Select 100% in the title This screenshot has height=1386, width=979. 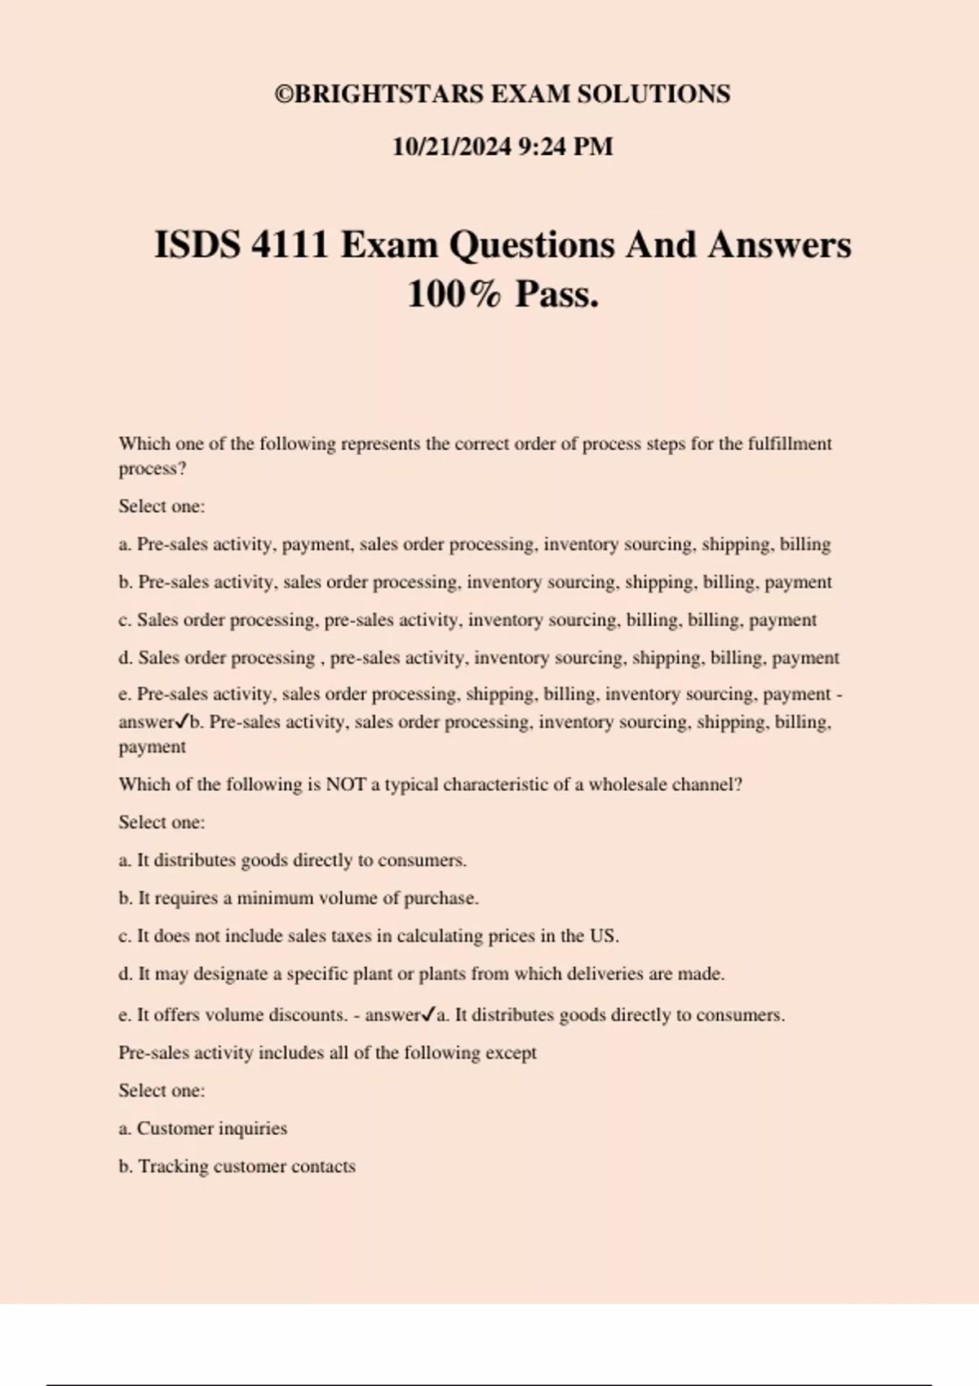point(454,294)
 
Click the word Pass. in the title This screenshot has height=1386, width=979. point(557,294)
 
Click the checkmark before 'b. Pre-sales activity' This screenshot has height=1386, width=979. point(182,721)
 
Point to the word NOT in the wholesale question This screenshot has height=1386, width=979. point(344,784)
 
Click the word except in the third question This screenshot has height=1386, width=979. point(511,1053)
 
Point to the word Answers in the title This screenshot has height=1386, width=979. point(779,245)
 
